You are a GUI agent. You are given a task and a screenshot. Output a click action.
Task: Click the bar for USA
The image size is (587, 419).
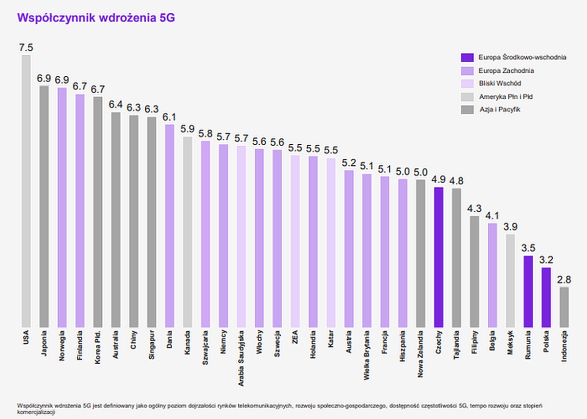[26, 191]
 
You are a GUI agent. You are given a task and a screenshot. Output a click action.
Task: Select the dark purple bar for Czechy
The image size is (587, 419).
[438, 257]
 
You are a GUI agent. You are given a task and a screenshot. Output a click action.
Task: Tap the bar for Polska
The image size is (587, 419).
[546, 297]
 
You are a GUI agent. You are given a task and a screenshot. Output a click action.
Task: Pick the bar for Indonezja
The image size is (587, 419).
[564, 307]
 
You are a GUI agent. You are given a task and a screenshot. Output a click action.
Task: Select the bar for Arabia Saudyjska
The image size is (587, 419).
[241, 236]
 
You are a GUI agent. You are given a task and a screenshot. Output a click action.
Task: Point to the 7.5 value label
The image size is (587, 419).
[26, 48]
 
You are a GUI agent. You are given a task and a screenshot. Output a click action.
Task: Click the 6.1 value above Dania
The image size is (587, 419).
[169, 117]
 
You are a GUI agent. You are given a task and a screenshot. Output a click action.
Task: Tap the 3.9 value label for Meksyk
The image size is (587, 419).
[510, 227]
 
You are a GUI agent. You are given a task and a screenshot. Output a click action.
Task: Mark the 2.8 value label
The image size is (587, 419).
[564, 280]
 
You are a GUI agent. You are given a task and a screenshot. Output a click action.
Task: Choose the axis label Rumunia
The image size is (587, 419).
[528, 345]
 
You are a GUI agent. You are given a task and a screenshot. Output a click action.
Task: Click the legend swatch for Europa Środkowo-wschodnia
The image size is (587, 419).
[467, 57]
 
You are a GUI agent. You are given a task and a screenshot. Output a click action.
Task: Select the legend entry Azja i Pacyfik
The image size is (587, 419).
[499, 110]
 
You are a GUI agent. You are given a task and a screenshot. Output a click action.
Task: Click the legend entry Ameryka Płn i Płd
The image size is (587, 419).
[505, 97]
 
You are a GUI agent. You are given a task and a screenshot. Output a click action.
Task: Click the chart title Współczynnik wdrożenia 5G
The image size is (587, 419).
[96, 18]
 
